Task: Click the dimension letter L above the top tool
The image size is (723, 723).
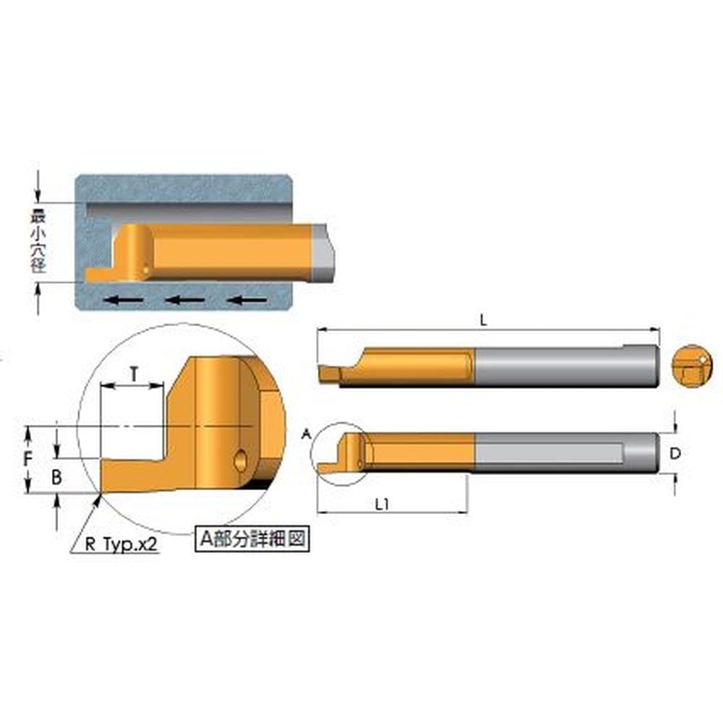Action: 484,322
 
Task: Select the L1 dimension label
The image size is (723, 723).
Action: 383,505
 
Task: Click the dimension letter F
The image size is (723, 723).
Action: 27,458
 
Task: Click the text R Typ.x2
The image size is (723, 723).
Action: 121,544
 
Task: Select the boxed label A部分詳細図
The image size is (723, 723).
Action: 252,539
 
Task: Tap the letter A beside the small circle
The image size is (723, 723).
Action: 306,435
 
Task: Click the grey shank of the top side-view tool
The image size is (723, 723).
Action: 564,366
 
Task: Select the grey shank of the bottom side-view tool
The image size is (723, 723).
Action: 564,453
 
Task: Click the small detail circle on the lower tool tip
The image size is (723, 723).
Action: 340,453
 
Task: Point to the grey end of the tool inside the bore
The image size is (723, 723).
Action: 323,253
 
